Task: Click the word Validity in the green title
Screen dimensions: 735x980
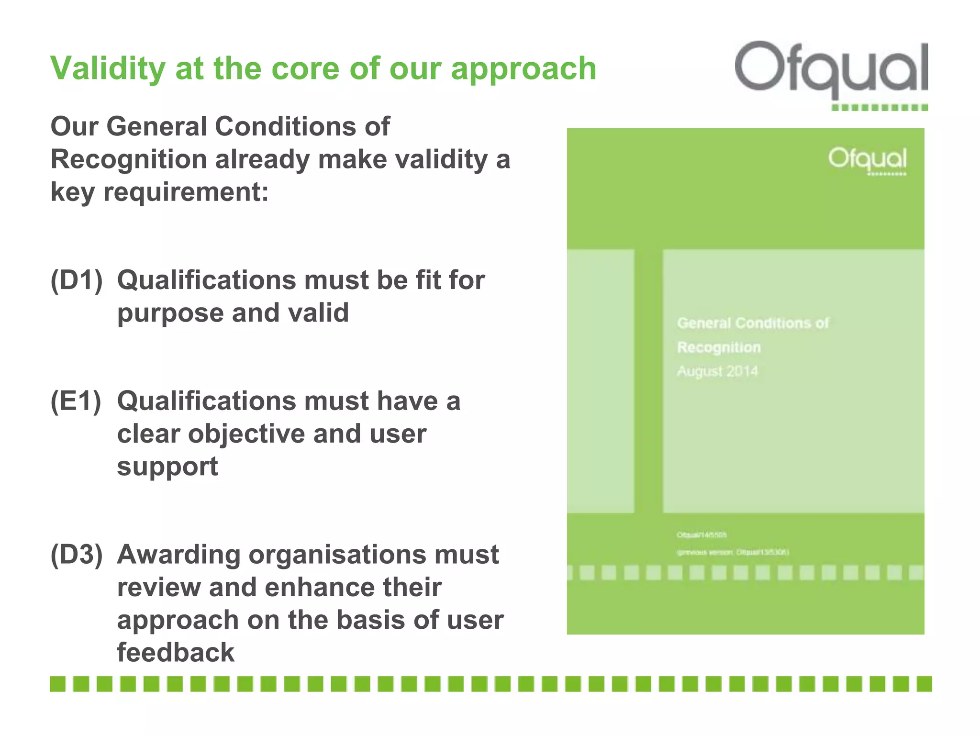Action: [x=108, y=68]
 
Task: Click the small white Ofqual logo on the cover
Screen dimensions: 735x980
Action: [x=867, y=159]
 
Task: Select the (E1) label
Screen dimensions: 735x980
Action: [x=76, y=401]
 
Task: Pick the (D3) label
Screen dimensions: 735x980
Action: [x=77, y=555]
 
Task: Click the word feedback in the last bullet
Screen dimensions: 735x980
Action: [x=176, y=652]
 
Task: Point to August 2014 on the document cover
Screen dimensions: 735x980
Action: [x=717, y=371]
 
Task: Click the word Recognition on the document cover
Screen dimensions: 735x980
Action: [x=719, y=347]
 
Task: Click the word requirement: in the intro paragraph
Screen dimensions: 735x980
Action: [x=186, y=192]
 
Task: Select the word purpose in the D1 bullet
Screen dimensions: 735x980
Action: [x=170, y=313]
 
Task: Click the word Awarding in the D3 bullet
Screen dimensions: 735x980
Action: [x=178, y=555]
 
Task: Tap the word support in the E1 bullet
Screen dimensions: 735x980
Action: [x=167, y=467]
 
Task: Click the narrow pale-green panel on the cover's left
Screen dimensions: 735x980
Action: [x=601, y=381]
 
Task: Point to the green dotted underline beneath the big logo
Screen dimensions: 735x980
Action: [x=880, y=108]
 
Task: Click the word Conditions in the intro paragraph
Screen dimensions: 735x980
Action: [x=285, y=127]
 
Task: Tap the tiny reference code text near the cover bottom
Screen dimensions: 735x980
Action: [x=702, y=535]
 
